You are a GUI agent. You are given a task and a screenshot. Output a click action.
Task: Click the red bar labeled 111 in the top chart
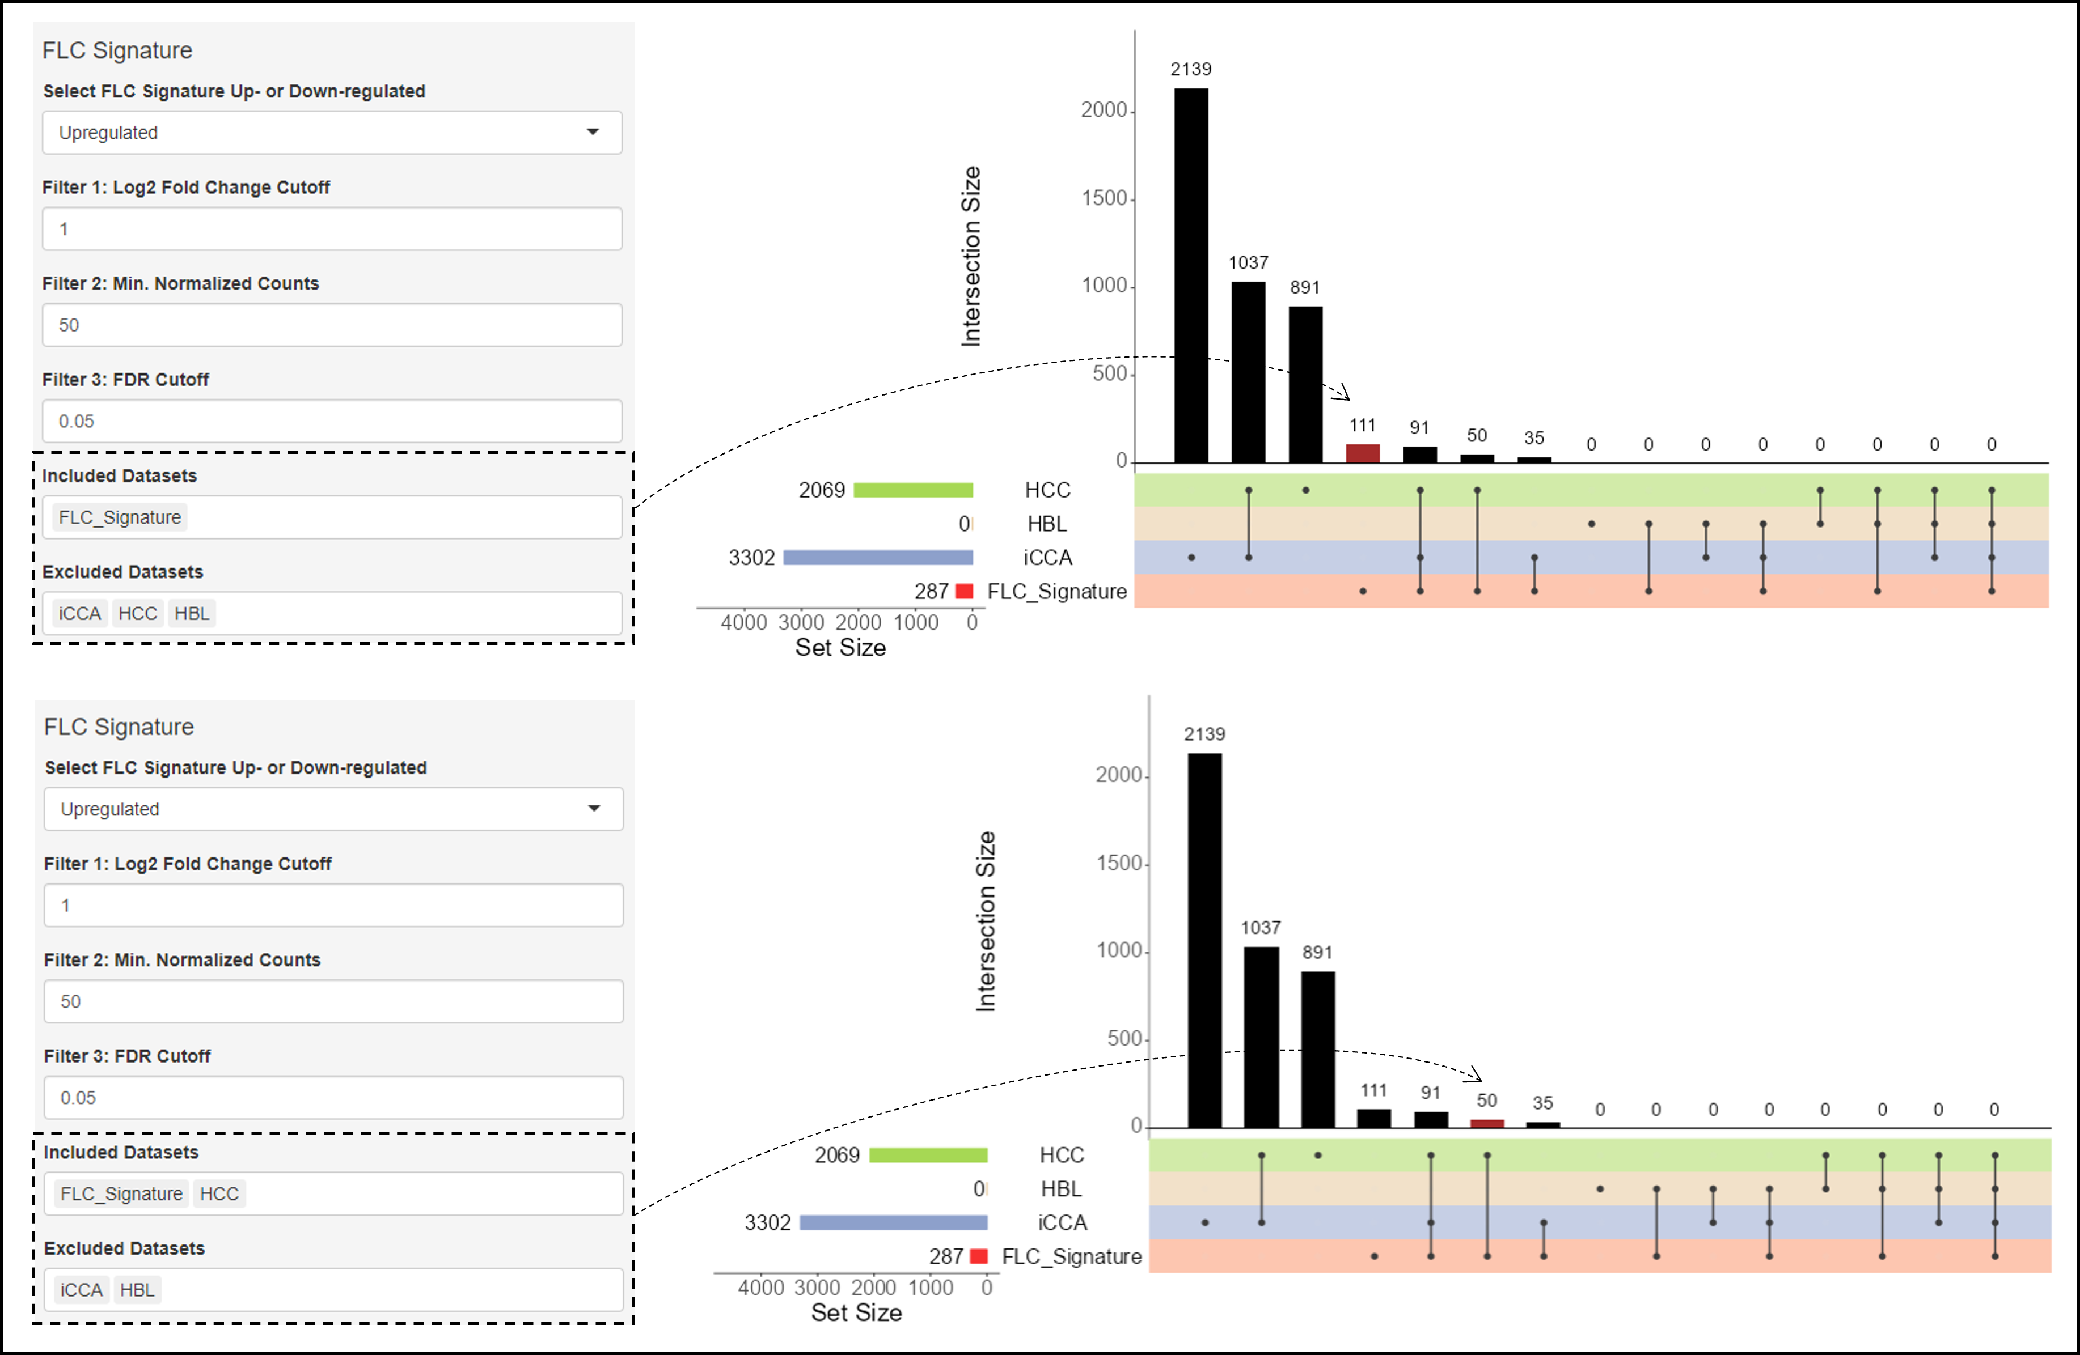coord(1363,453)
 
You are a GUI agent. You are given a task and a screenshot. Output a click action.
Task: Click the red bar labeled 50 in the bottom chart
coord(1487,1123)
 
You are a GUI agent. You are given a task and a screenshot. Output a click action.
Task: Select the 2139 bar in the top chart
coord(1191,275)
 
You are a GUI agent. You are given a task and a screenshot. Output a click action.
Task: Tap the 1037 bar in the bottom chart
coord(1261,1037)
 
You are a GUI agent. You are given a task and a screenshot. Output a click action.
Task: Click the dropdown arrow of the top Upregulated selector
coord(593,132)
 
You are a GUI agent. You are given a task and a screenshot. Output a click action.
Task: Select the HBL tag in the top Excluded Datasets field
coord(192,613)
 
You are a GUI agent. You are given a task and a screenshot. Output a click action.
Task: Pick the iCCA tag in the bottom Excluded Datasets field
coord(81,1289)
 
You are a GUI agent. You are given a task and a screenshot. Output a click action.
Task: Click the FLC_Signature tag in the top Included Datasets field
coord(120,517)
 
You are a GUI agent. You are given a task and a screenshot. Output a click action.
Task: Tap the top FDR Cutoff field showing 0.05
coord(332,421)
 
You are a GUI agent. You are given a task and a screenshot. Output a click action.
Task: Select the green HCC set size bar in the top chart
coord(914,490)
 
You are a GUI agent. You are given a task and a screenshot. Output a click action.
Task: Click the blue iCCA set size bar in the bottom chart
coord(893,1222)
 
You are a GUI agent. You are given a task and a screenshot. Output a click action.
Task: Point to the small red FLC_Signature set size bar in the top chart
coord(965,592)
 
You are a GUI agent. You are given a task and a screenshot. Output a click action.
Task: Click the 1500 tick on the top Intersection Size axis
coord(1105,198)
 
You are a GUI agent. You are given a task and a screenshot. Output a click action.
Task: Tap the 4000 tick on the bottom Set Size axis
coord(760,1288)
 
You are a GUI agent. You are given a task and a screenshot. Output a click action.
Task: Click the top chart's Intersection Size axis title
coord(971,256)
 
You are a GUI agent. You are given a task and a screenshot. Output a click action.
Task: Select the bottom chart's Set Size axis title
coord(856,1312)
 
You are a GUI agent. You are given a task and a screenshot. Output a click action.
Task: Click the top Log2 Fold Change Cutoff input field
coord(332,229)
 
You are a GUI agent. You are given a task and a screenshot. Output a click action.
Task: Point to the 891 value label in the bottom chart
coord(1317,952)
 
